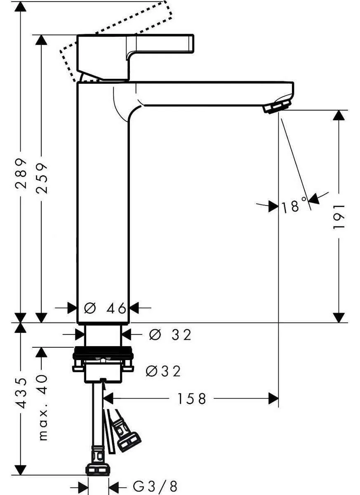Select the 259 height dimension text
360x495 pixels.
pyautogui.click(x=41, y=177)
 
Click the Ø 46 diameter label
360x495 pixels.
pyautogui.click(x=105, y=308)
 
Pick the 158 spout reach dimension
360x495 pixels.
pyautogui.click(x=191, y=398)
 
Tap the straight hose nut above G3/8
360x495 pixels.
pyautogui.click(x=98, y=469)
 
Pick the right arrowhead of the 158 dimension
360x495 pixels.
pyautogui.click(x=273, y=398)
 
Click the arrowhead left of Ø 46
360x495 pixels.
pyautogui.click(x=73, y=308)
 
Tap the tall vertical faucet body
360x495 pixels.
pyautogui.click(x=103, y=198)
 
